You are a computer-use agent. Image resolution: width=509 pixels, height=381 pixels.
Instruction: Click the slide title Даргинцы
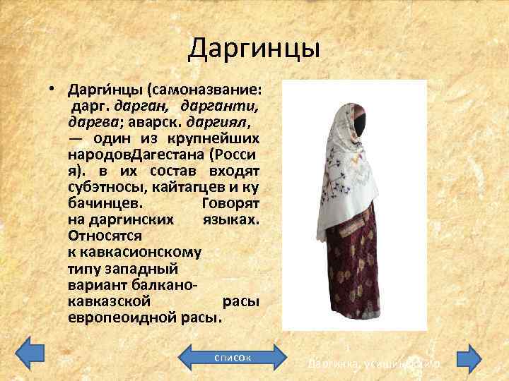[255, 49]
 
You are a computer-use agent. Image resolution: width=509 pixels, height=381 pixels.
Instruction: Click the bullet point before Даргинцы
[52, 92]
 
